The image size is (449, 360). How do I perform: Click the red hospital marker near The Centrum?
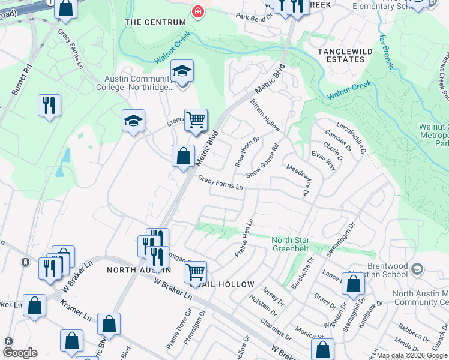pyautogui.click(x=197, y=11)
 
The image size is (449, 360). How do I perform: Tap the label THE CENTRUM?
pyautogui.click(x=155, y=22)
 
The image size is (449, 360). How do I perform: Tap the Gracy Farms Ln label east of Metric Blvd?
pyautogui.click(x=220, y=183)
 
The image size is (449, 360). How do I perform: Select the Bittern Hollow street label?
pyautogui.click(x=265, y=115)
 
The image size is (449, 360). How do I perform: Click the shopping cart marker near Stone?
pyautogui.click(x=196, y=120)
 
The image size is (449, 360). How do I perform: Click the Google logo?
pyautogui.click(x=20, y=353)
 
